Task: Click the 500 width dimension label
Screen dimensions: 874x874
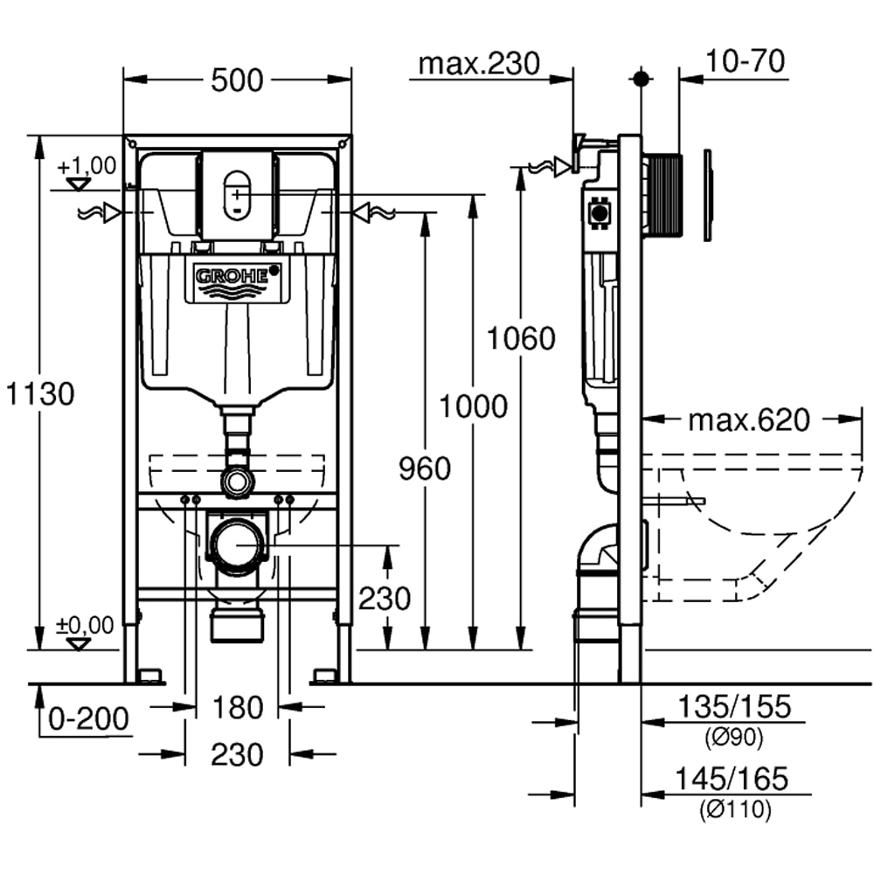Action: tap(237, 80)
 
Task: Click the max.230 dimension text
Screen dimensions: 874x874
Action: tap(479, 63)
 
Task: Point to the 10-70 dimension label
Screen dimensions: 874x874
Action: tap(746, 61)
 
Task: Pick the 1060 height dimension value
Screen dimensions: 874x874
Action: tap(521, 338)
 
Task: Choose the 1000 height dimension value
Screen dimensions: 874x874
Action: tap(473, 406)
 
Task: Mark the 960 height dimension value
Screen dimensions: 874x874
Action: tap(425, 469)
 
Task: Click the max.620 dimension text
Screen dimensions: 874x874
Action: tap(748, 420)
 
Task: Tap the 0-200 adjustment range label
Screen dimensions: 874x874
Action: tap(88, 718)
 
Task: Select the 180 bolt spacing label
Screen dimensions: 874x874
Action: tap(238, 707)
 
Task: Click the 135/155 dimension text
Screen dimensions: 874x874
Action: tap(733, 706)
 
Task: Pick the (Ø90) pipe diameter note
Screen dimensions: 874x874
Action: tap(733, 739)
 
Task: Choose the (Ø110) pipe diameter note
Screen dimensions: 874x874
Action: tap(733, 810)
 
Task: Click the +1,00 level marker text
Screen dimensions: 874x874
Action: tap(87, 165)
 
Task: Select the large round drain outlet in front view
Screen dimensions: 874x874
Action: tap(237, 546)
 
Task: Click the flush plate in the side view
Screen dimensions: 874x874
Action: tap(708, 194)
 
